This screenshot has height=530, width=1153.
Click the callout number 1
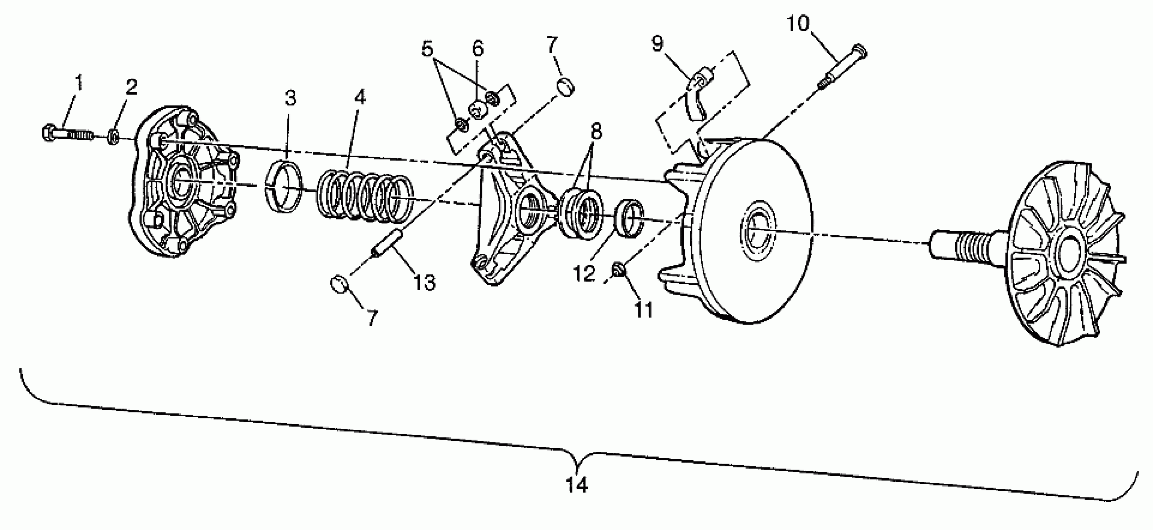click(79, 83)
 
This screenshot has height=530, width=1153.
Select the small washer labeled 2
click(114, 136)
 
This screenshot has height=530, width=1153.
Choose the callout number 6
click(478, 48)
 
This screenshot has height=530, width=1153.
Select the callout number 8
click(596, 132)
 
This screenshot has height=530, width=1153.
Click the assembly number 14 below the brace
click(576, 485)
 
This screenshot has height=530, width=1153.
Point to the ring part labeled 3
click(285, 185)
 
